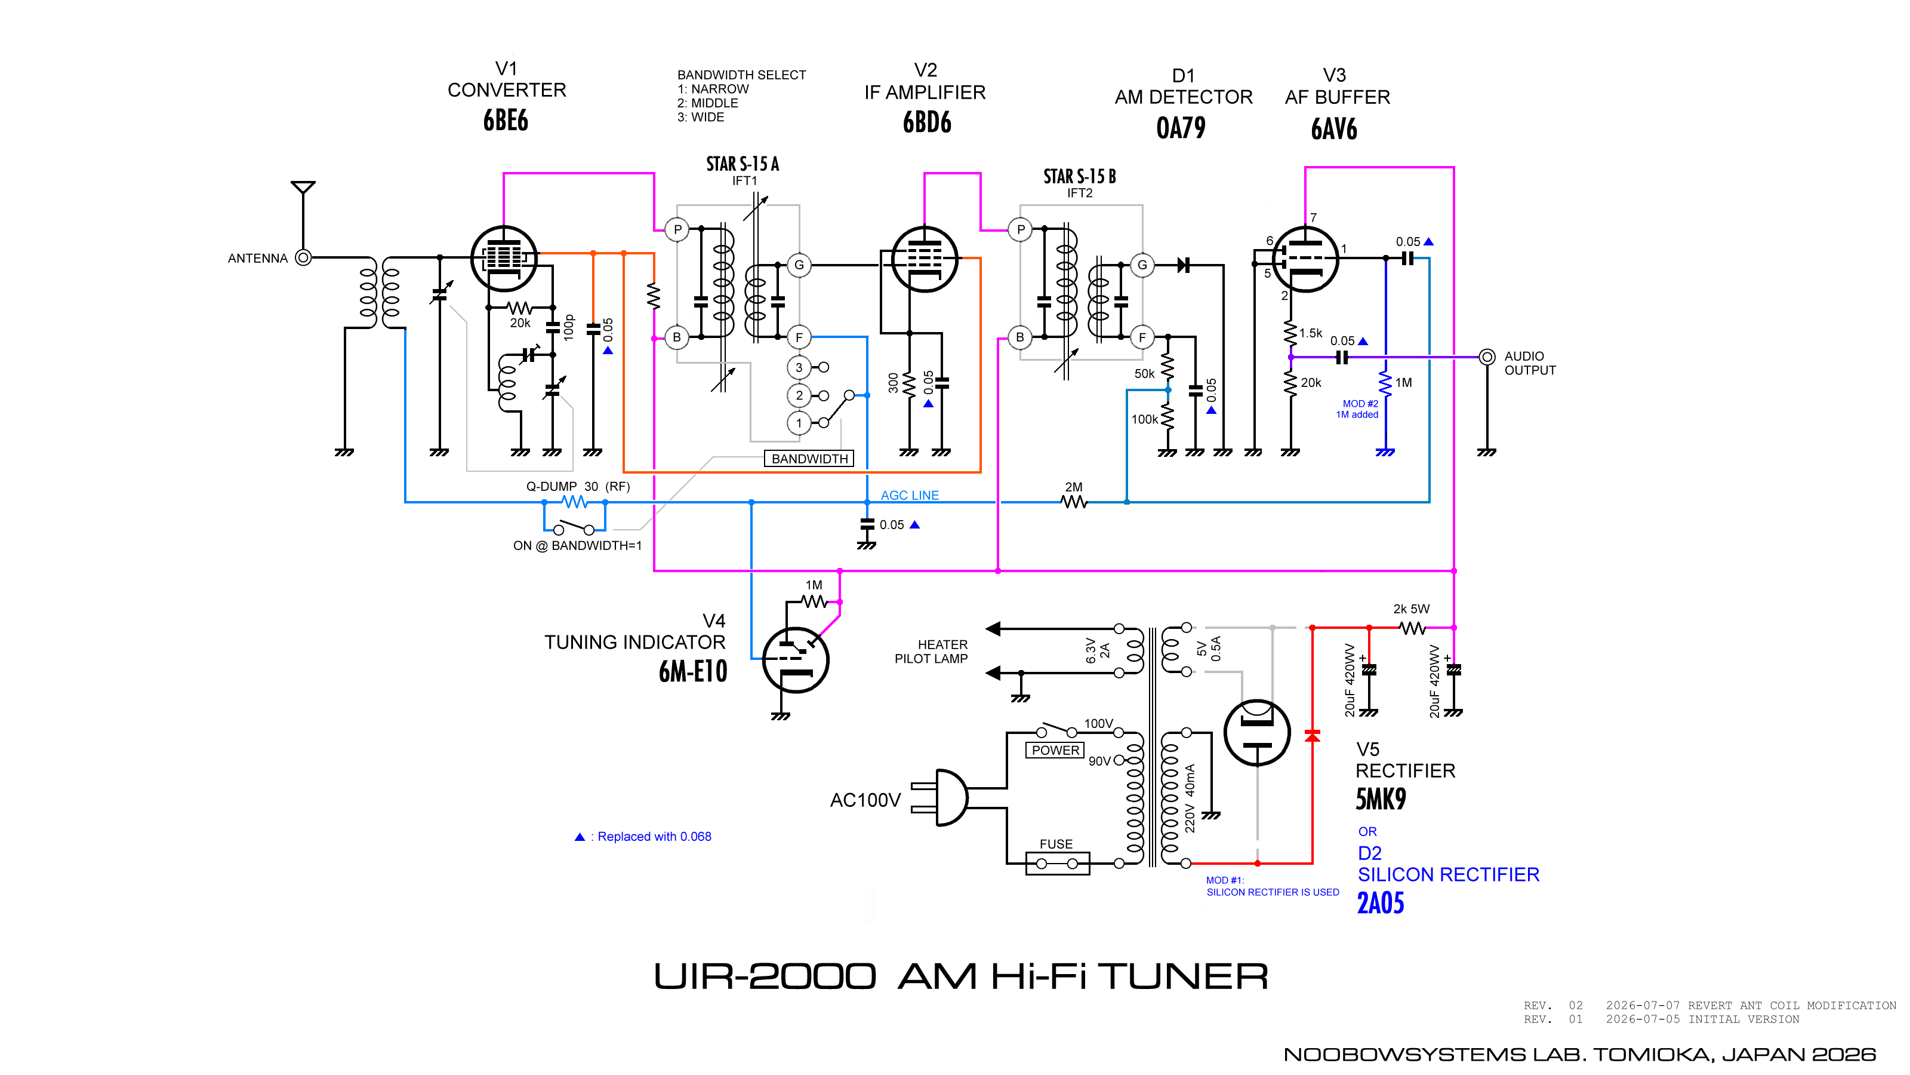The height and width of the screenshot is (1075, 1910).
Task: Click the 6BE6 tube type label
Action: click(x=506, y=120)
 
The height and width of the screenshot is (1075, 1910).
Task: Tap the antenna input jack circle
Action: click(x=303, y=257)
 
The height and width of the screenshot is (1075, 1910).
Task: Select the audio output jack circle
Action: click(x=1487, y=357)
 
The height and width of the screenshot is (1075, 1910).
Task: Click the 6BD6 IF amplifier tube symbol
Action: click(x=924, y=260)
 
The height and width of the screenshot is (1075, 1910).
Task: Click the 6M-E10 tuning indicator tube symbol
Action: click(x=796, y=659)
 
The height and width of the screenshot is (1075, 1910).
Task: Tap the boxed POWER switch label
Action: click(x=1055, y=750)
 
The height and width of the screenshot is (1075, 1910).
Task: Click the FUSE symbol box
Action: click(x=1057, y=864)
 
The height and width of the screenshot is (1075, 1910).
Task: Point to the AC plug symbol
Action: click(x=940, y=797)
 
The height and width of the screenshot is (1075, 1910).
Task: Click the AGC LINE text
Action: click(x=910, y=495)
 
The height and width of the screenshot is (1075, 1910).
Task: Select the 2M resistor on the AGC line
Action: click(x=1074, y=502)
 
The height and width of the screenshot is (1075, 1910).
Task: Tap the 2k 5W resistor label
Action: click(x=1411, y=609)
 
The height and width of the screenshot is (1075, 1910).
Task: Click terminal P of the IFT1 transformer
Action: click(x=677, y=229)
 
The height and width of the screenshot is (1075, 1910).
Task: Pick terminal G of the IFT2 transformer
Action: click(x=1142, y=265)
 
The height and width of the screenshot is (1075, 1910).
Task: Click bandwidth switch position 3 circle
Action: click(x=799, y=367)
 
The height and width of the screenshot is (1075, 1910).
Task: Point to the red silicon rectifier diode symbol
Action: click(x=1313, y=736)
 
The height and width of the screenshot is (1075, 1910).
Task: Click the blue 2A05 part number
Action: click(x=1381, y=903)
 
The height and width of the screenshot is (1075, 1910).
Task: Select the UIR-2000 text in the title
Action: click(x=765, y=976)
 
